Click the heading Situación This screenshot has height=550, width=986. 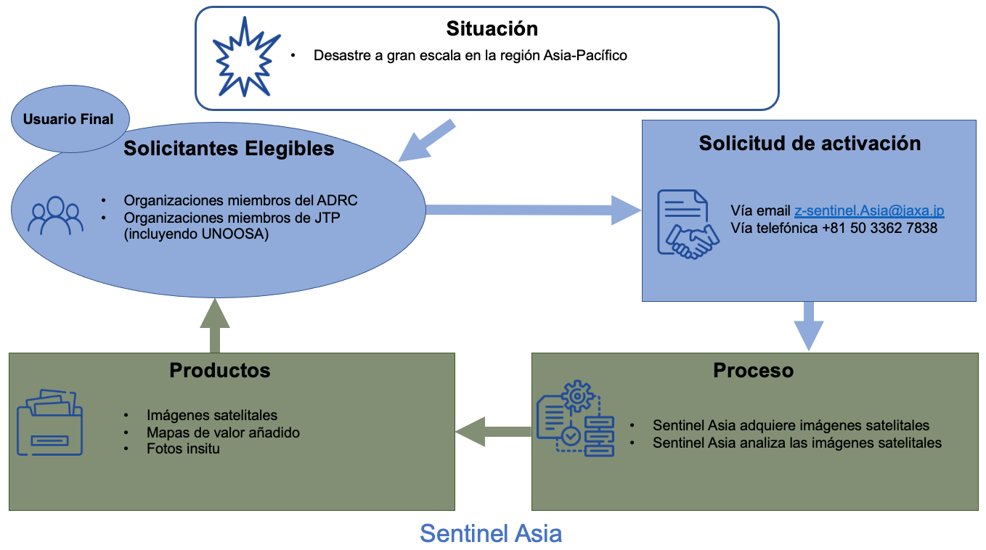click(x=492, y=29)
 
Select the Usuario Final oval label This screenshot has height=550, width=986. click(x=68, y=120)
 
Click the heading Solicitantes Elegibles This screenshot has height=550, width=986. click(x=229, y=149)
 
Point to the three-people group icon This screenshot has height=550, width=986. click(x=55, y=216)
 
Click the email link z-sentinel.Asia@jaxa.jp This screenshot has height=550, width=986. click(x=869, y=210)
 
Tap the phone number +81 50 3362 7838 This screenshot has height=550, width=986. click(x=879, y=228)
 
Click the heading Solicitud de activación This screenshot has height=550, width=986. click(x=810, y=144)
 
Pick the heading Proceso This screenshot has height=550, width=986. click(x=753, y=370)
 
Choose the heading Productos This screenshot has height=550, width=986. click(x=219, y=370)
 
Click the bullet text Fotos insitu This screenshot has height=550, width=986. click(x=183, y=449)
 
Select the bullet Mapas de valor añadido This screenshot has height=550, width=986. click(x=223, y=432)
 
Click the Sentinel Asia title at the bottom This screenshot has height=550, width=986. click(x=491, y=534)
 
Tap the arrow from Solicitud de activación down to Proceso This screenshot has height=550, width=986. click(x=808, y=325)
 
